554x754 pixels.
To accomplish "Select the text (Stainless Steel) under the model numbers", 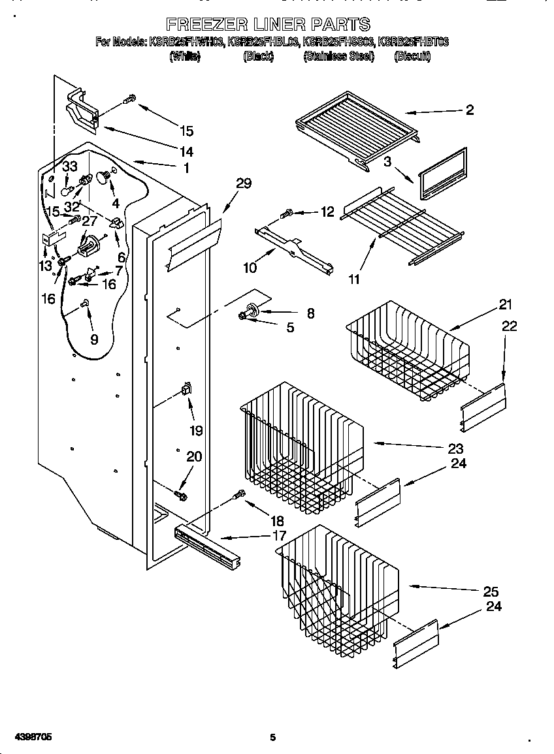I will point(338,57).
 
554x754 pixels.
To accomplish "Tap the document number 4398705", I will point(29,737).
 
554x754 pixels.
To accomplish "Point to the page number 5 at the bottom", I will point(273,738).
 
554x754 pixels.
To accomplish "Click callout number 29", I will point(243,183).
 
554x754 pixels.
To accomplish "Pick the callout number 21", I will point(506,304).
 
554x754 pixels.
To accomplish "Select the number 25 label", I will point(491,592).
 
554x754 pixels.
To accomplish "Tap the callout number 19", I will point(196,430).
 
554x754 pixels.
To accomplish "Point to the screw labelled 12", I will point(286,213).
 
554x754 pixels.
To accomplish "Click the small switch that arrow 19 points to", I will point(186,391).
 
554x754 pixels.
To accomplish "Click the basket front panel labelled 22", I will point(484,407).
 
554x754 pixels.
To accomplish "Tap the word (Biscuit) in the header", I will point(412,57).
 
